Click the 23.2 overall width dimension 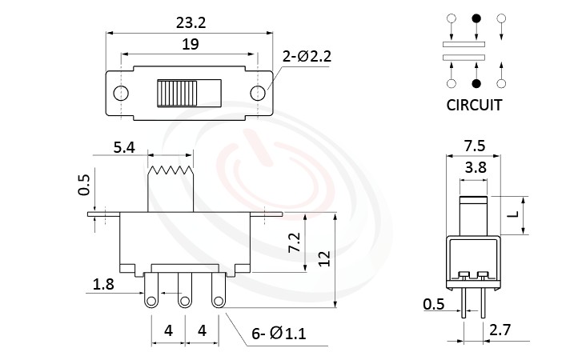click(190, 24)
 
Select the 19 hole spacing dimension click(190, 46)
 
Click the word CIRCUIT click(475, 105)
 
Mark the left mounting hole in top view click(121, 94)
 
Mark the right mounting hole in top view click(258, 94)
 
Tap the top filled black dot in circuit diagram click(476, 18)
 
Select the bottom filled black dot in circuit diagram click(476, 82)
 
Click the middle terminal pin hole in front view click(185, 300)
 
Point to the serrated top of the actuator click(171, 170)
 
